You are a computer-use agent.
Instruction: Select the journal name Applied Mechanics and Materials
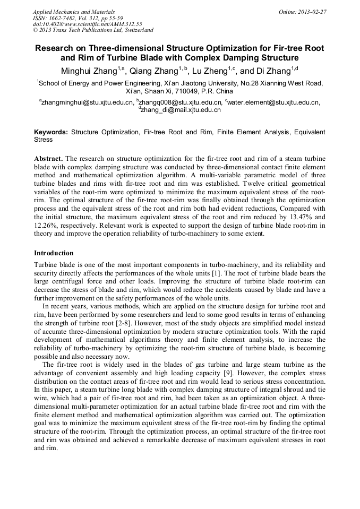(x=74, y=12)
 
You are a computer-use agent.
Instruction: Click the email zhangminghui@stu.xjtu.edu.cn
(x=87, y=102)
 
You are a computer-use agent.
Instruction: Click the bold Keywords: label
(x=51, y=132)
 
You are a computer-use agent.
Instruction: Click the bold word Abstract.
(x=48, y=159)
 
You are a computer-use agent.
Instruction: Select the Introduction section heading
(x=54, y=253)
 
